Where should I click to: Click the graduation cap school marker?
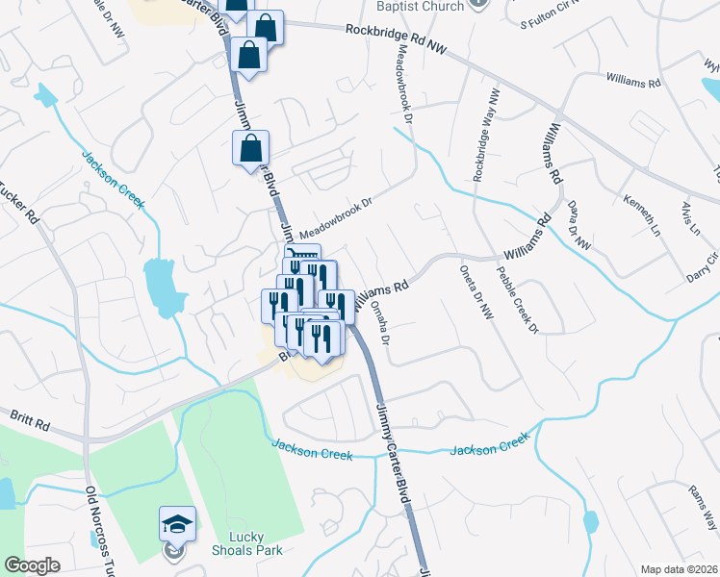[x=177, y=524]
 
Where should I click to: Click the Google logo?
[x=32, y=565]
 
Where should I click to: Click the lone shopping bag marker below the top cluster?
[x=250, y=149]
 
